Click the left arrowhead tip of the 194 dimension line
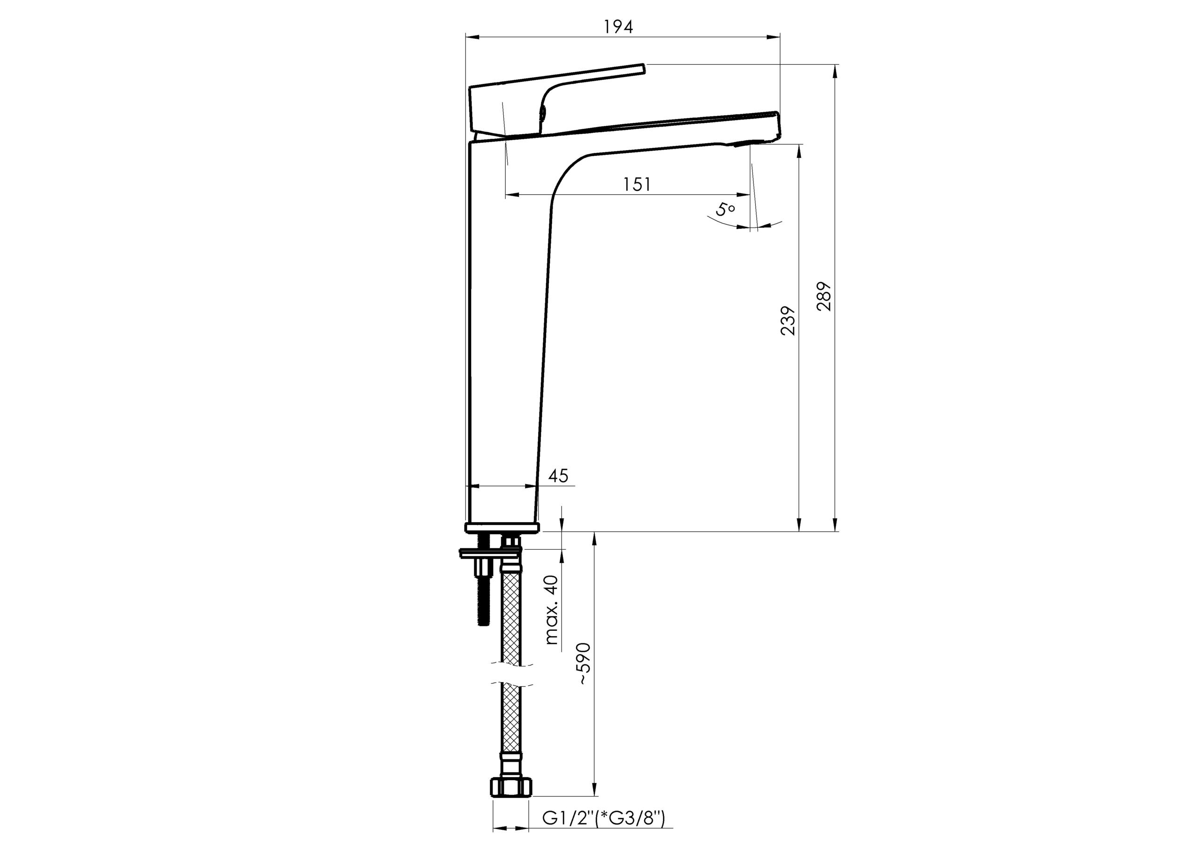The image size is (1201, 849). (x=465, y=37)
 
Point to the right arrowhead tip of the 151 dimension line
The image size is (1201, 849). (x=750, y=195)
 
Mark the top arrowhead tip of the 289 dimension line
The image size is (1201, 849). (x=835, y=64)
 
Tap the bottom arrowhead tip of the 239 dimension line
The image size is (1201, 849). (x=799, y=531)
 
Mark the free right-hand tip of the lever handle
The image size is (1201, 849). (x=645, y=67)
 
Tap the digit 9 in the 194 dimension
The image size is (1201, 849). (x=619, y=27)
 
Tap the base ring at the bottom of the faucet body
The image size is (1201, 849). (x=502, y=527)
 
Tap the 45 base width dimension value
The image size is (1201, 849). (x=558, y=476)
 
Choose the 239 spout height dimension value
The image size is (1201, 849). (x=787, y=321)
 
